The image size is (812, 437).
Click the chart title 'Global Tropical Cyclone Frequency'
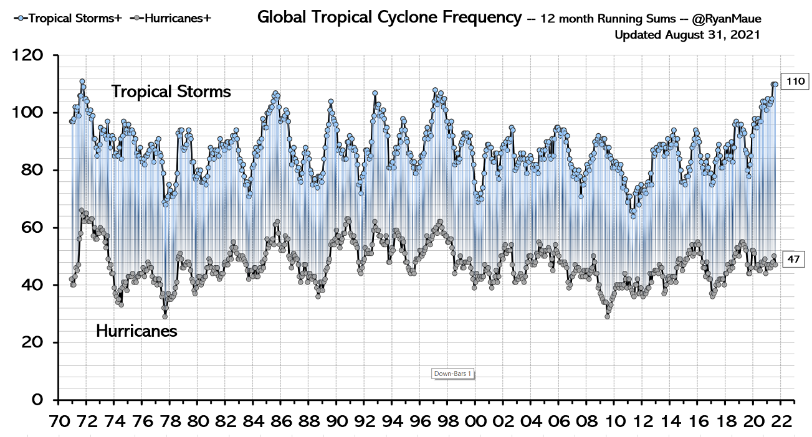click(x=389, y=17)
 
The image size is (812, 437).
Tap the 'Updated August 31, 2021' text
click(x=687, y=35)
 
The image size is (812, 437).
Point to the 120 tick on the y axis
click(x=29, y=56)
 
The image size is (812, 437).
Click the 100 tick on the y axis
click(x=29, y=113)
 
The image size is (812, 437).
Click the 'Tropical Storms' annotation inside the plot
click(x=171, y=92)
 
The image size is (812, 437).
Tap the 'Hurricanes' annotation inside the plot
click(x=136, y=331)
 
